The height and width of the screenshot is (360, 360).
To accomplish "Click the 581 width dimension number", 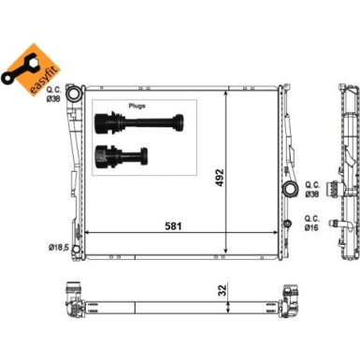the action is coord(173,225).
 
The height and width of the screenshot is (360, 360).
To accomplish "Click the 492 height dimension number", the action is coord(220,178).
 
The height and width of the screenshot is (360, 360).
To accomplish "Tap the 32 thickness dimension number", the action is coord(223,290).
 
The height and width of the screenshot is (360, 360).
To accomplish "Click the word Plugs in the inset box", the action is coord(137,106).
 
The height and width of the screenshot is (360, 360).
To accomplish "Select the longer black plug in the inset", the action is coord(139,123).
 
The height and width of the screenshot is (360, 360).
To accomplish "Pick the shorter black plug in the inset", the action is coord(122,155).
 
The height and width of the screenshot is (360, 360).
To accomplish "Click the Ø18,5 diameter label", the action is coord(58,248).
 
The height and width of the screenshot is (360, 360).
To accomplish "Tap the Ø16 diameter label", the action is coord(311,228).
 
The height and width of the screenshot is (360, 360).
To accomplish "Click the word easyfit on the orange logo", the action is coord(43,80).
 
